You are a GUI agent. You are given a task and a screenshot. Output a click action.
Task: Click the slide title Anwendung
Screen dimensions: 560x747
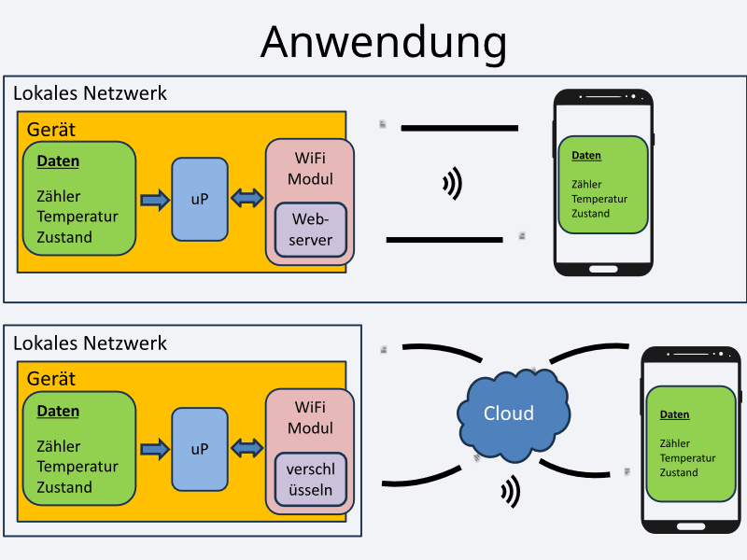coord(384,42)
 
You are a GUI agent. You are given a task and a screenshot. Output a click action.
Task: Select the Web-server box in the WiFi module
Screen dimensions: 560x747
coord(310,230)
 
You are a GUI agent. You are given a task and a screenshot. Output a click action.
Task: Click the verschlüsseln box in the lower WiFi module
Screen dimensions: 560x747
coord(310,480)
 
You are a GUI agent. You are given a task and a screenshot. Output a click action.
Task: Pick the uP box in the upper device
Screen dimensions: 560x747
coord(200,199)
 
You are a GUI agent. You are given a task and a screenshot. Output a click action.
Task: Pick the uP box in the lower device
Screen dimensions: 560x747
coord(200,449)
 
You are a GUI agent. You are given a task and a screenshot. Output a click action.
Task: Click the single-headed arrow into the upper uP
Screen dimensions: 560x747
coord(154,199)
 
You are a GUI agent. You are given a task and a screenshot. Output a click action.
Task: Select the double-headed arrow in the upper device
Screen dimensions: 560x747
coord(247,199)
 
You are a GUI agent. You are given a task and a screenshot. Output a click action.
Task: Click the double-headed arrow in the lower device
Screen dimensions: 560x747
coord(247,449)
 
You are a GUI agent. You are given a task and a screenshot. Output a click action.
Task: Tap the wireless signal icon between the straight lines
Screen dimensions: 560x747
coord(452,184)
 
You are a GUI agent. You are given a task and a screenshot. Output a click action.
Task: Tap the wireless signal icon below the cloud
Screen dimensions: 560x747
coord(510,491)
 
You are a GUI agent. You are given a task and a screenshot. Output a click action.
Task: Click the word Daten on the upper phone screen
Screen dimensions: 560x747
coord(586,156)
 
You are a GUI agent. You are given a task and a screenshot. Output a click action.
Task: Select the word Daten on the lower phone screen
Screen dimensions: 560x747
coord(674,414)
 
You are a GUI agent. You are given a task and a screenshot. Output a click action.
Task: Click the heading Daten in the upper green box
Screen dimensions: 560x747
coord(58,161)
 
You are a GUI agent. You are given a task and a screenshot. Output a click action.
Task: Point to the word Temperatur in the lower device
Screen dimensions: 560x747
coord(78,467)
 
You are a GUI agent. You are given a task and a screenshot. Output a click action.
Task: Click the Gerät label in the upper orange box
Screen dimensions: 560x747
coord(51,130)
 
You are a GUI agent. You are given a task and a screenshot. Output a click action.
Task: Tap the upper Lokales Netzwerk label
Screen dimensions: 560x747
coord(90,93)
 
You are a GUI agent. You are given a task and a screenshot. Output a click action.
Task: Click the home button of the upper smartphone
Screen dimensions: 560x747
coord(602,269)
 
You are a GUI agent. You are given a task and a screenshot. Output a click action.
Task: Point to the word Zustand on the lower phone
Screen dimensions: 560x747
coord(678,472)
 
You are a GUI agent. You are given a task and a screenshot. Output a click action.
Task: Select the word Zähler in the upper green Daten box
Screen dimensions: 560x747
coord(58,197)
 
